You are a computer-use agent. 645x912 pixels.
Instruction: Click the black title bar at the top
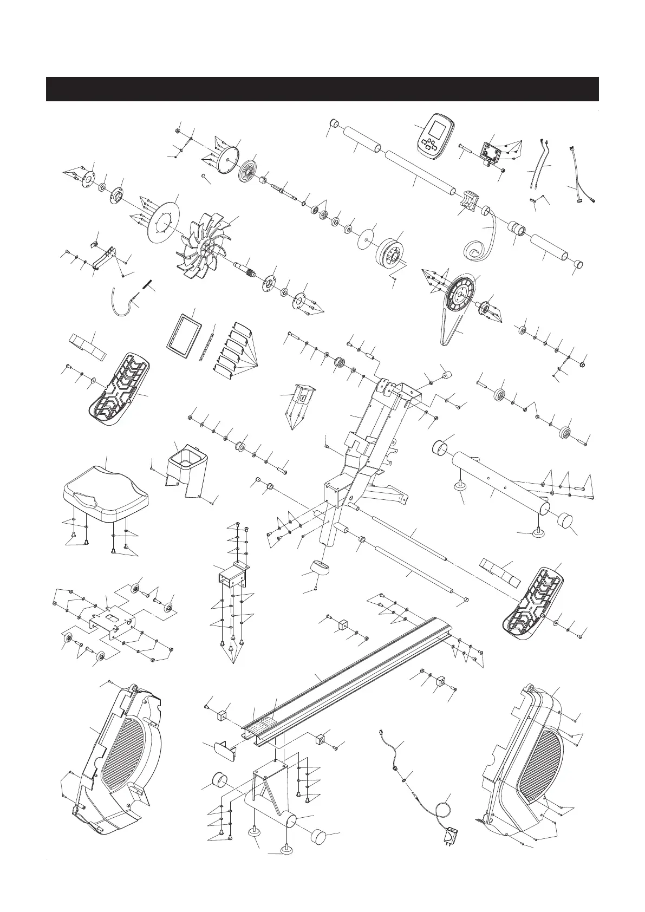point(322,89)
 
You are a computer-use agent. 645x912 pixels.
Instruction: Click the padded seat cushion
point(105,488)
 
